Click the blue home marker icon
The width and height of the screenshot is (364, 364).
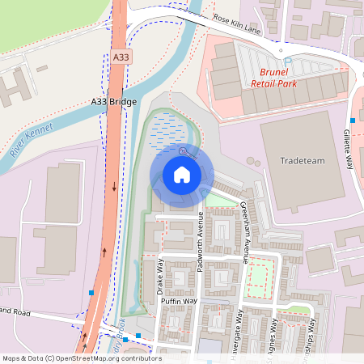coord(181,174)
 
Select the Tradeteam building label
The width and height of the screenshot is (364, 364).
coord(302,160)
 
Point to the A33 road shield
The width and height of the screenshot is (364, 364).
coord(121,57)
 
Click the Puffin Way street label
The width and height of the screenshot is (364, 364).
coord(180,301)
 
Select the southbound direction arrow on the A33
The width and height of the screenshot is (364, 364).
coord(114,187)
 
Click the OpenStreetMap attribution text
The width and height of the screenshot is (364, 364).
coord(82,358)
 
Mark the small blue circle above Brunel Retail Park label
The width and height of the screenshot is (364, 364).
coord(286,60)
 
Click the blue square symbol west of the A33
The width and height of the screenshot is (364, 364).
coord(91,292)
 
